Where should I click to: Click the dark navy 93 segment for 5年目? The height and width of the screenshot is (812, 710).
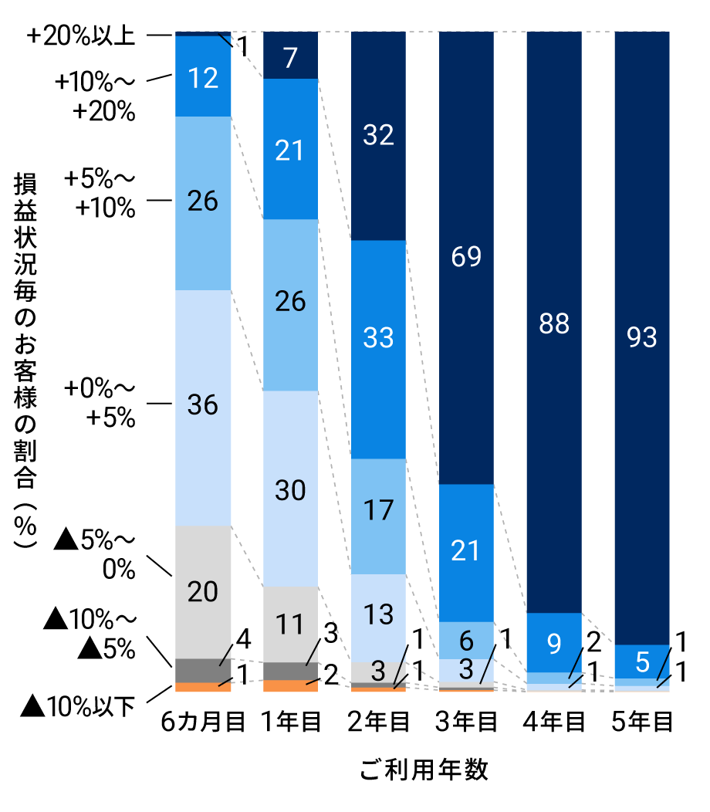tap(642, 337)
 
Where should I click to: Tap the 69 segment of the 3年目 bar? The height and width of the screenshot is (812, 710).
tap(466, 257)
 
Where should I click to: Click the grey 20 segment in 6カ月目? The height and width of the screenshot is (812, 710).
tap(203, 592)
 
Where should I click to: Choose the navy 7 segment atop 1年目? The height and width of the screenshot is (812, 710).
tap(291, 56)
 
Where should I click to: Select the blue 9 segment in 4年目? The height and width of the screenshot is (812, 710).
tap(554, 642)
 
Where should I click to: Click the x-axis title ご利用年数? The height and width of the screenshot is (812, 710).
tap(424, 770)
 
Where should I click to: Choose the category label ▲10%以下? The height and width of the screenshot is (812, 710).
tap(77, 705)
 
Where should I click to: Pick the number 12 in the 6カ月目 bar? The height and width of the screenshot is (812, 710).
tap(203, 77)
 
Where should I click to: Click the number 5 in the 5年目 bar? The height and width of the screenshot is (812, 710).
tap(642, 661)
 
